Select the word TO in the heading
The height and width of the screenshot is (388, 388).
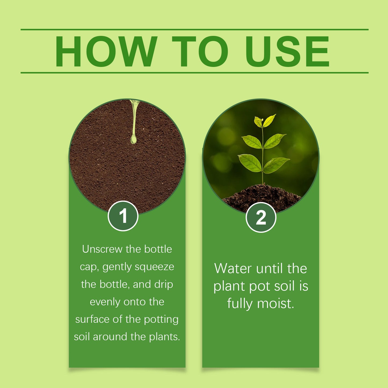200,51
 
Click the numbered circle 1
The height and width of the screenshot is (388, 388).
123,216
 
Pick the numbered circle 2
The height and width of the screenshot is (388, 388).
261,217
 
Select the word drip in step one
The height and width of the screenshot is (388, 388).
164,285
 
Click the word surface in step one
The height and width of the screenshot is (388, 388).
92,320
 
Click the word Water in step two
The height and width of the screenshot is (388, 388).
233,269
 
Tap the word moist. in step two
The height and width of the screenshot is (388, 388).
276,304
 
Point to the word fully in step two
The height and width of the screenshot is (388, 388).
240,304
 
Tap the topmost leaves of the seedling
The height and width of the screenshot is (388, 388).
265,121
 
